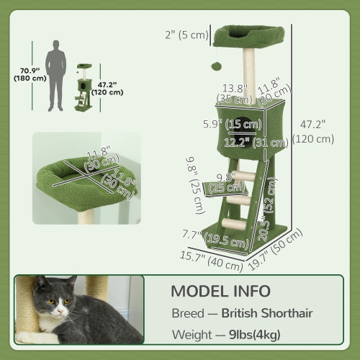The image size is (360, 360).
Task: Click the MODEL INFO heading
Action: (x=220, y=292)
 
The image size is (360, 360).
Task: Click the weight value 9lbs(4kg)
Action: (x=255, y=336)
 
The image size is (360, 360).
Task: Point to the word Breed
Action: (x=187, y=314)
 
